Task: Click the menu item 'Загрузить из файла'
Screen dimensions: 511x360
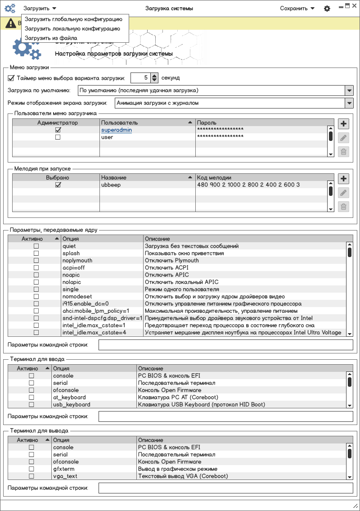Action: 51,38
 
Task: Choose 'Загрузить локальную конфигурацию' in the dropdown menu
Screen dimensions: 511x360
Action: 72,28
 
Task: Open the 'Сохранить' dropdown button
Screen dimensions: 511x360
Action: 297,8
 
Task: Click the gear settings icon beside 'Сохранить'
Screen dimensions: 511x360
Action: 327,9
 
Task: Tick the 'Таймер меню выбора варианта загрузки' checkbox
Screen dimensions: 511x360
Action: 11,78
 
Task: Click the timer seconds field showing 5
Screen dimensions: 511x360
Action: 140,78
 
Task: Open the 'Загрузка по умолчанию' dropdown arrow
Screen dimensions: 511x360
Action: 349,90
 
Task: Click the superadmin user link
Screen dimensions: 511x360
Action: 117,130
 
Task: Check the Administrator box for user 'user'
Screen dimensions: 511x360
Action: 58,137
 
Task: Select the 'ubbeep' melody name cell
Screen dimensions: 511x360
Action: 111,185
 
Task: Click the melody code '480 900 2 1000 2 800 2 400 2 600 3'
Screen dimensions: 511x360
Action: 248,185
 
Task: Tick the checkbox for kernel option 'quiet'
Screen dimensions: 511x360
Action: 36,246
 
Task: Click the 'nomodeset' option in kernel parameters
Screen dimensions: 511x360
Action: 78,297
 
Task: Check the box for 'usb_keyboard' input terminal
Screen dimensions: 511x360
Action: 31,405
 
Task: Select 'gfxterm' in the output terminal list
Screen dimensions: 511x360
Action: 63,469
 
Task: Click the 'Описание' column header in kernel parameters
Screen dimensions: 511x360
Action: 157,239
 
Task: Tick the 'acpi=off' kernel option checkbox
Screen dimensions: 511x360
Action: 36,268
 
